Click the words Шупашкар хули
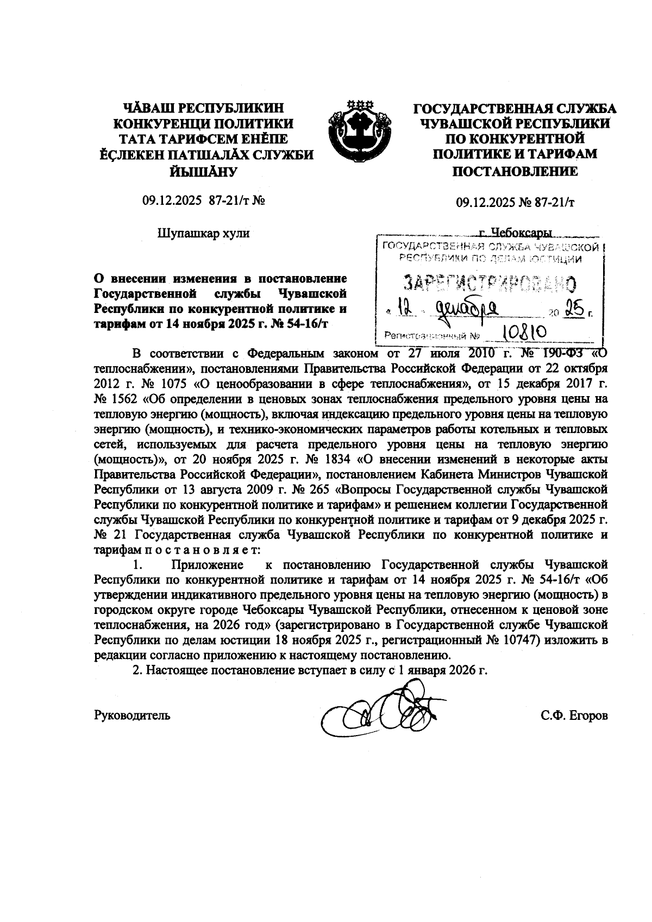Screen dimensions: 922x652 click(204, 234)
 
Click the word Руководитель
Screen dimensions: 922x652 click(133, 715)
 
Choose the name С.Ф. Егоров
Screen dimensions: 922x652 click(574, 715)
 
